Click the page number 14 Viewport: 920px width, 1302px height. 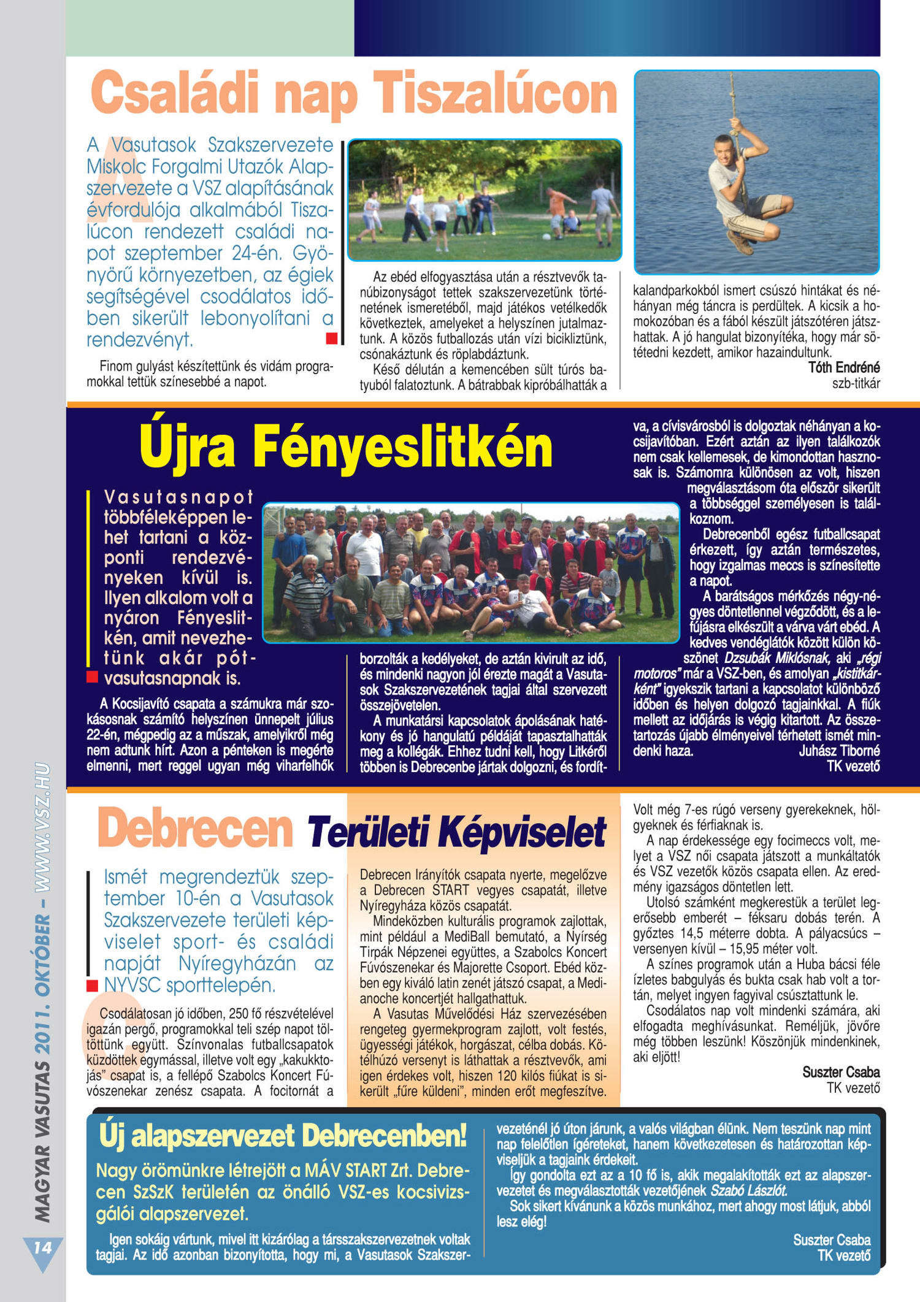tap(42, 1247)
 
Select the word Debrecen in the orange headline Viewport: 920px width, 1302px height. tap(196, 829)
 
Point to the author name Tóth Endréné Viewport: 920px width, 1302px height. tap(843, 367)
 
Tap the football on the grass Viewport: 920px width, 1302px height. tap(546, 237)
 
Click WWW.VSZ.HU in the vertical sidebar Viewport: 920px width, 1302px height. tap(42, 828)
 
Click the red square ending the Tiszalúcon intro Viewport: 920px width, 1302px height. tap(331, 338)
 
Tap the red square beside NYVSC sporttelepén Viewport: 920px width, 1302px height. tap(92, 986)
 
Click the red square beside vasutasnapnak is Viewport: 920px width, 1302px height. tap(92, 677)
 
